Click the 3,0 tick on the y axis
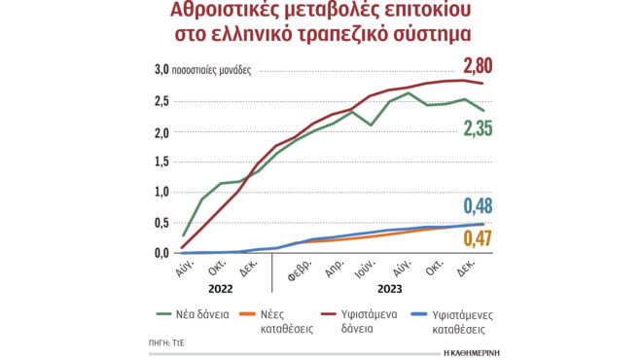point(161,70)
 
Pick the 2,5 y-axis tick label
point(161,101)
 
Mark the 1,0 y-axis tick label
point(161,193)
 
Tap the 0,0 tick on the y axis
point(161,253)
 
